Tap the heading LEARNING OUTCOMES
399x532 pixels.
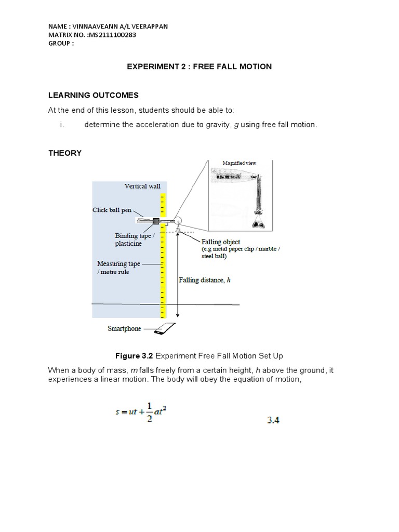coord(94,95)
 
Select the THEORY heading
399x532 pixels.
coord(65,153)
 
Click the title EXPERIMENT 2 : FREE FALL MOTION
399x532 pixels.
coord(199,66)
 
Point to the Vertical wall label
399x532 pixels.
coord(142,186)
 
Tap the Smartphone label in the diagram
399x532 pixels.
coord(124,328)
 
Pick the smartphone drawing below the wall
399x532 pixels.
coord(167,328)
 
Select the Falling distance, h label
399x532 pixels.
coord(204,280)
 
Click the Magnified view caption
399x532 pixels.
coord(240,163)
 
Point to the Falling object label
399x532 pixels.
coord(221,242)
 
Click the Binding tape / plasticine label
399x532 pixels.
coord(133,240)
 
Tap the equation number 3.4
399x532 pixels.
coord(273,420)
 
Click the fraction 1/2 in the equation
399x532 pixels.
coord(150,414)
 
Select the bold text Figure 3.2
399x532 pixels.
coord(134,355)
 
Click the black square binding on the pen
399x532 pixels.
coord(155,221)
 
